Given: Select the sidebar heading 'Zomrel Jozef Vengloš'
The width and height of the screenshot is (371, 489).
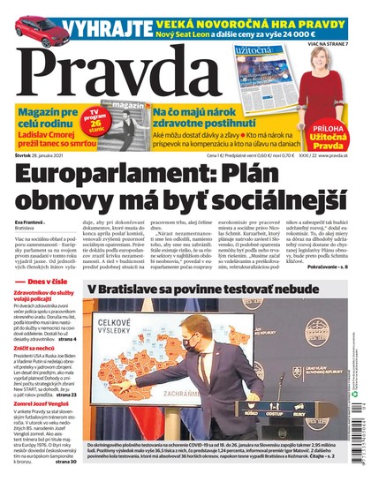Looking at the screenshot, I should click(44, 426).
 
